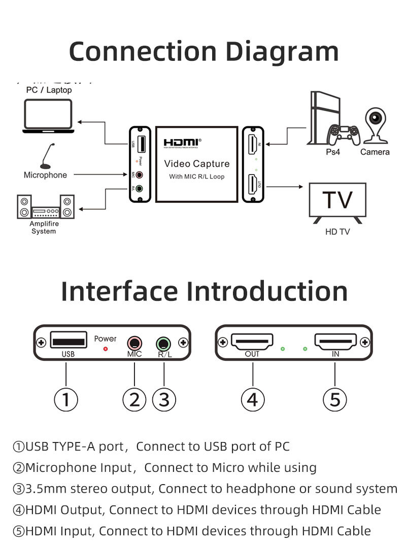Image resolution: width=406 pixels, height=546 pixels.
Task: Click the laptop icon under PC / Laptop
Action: pyautogui.click(x=47, y=116)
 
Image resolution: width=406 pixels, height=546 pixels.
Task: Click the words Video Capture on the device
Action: pyautogui.click(x=196, y=164)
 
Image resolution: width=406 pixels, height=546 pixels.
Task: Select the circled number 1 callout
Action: pyautogui.click(x=66, y=400)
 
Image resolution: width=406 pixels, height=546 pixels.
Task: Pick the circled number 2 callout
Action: pyautogui.click(x=134, y=400)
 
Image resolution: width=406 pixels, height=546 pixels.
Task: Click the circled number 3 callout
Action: pyautogui.click(x=163, y=400)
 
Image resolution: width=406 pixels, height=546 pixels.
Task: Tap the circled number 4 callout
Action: pyautogui.click(x=252, y=400)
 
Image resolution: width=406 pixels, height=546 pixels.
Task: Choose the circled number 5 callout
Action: pyautogui.click(x=335, y=400)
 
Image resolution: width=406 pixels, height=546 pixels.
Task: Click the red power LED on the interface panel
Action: pyautogui.click(x=106, y=349)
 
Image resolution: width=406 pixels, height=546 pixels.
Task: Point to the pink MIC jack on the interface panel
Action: pyautogui.click(x=134, y=342)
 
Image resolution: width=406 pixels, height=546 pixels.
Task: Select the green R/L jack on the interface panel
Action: pyautogui.click(x=163, y=343)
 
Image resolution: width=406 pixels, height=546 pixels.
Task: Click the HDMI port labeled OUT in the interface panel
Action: pyautogui.click(x=252, y=341)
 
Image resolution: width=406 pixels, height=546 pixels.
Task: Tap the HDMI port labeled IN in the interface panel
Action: pyautogui.click(x=335, y=341)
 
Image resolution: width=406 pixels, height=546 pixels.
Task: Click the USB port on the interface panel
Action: pyautogui.click(x=67, y=342)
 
